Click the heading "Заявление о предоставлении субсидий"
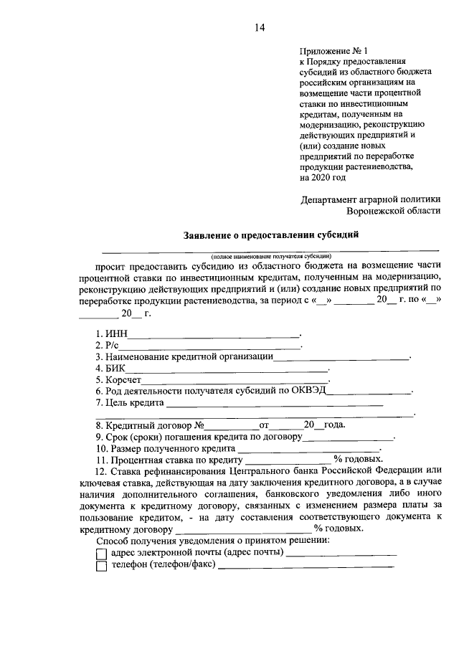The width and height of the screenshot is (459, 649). (x=271, y=234)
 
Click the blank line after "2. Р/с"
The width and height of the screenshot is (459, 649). (x=210, y=345)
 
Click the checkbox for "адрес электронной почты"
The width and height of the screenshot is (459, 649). (x=101, y=553)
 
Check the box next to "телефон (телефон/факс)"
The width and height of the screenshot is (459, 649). (x=101, y=566)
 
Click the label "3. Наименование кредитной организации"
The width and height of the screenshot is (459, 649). (x=184, y=356)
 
